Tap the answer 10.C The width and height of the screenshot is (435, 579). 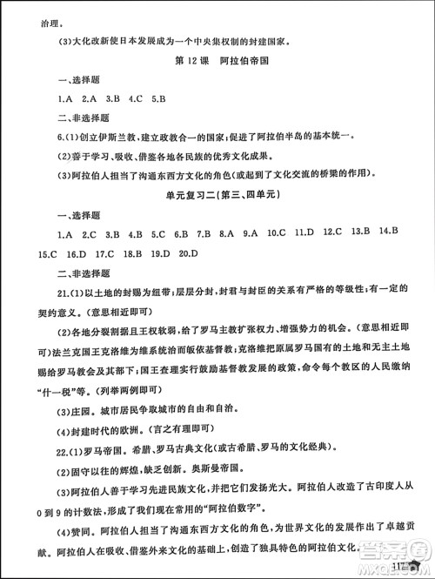point(277,234)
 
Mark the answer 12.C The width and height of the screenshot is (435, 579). point(331,233)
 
